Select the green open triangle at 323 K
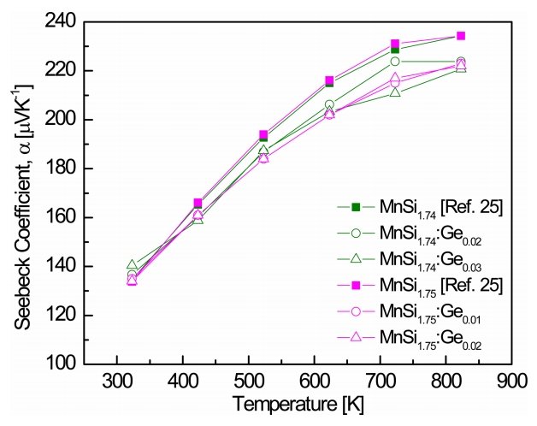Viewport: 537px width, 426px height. (x=132, y=264)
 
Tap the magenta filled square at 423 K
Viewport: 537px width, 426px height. (x=198, y=203)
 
